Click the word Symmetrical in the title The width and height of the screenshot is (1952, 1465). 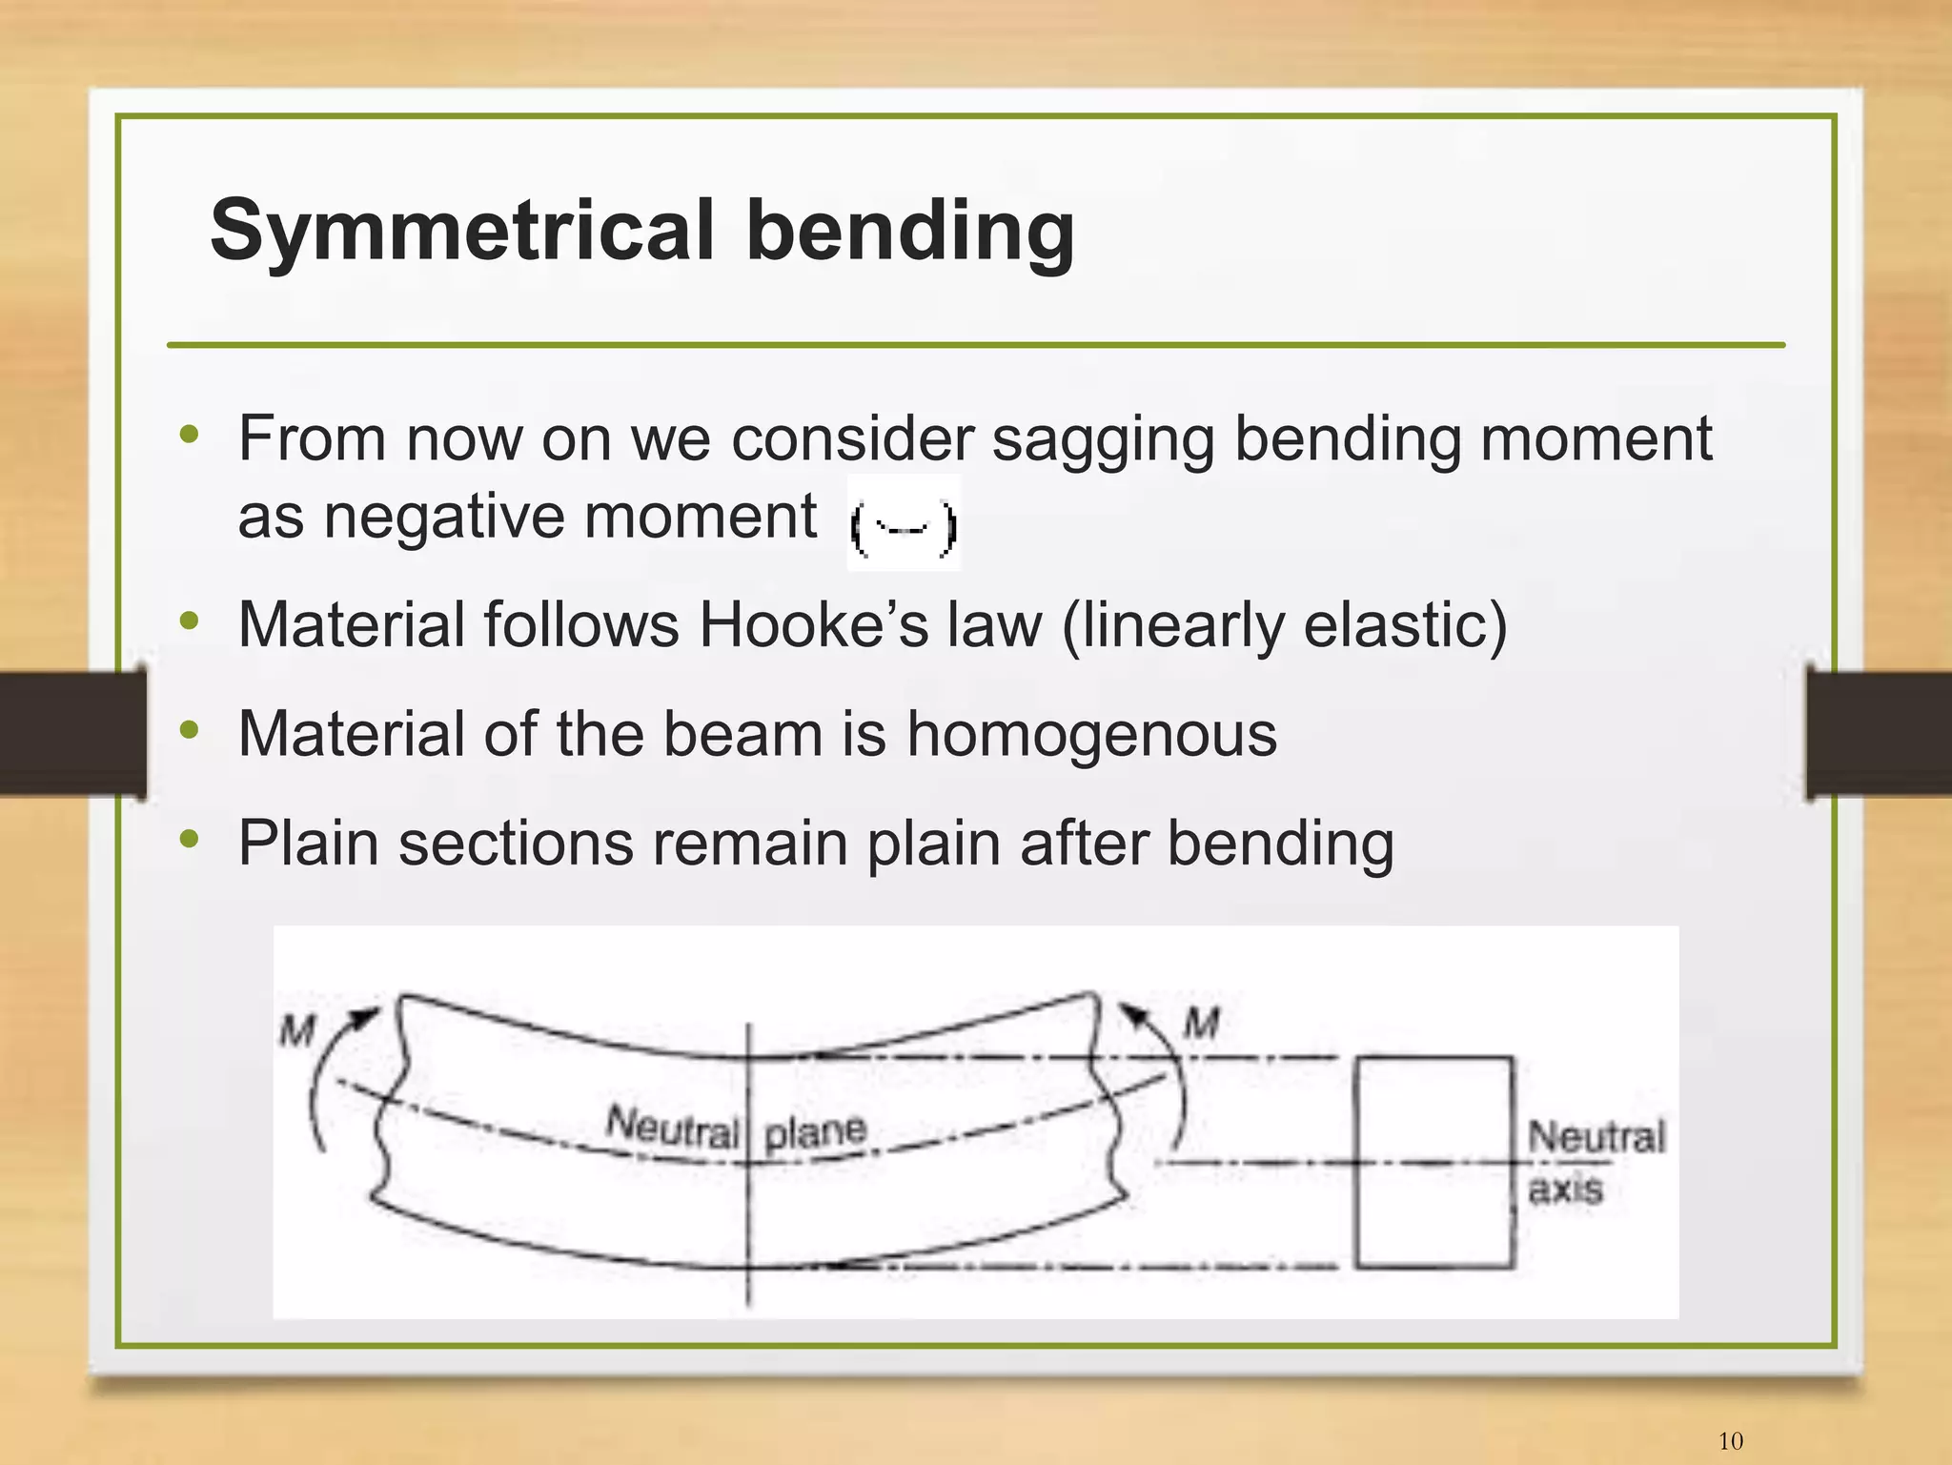[x=461, y=232]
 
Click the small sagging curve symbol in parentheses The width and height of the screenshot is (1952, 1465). [x=903, y=525]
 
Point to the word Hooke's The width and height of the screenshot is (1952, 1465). [x=813, y=626]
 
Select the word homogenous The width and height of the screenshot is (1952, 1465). [x=1090, y=735]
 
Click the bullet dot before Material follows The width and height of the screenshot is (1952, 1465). [x=190, y=621]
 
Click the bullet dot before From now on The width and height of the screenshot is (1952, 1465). [x=190, y=436]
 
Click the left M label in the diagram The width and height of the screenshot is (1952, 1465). [x=296, y=1030]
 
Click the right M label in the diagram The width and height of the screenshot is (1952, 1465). [x=1201, y=1025]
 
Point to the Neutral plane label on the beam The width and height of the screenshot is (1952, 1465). [x=736, y=1129]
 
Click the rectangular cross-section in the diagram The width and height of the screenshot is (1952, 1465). [x=1433, y=1162]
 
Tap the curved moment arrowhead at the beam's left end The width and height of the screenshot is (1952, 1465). [x=365, y=1017]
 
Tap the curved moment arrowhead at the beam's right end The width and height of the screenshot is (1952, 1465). [x=1134, y=1014]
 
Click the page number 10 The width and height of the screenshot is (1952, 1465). [x=1730, y=1440]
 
